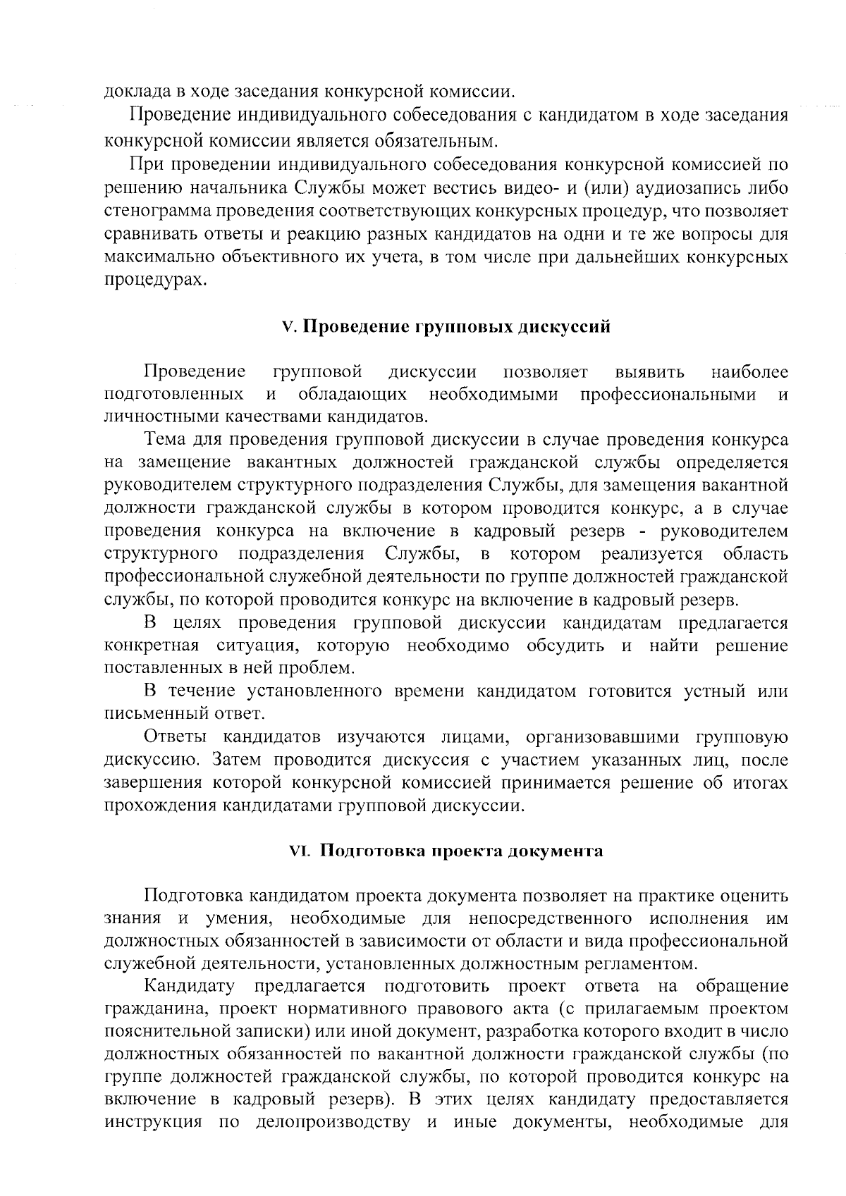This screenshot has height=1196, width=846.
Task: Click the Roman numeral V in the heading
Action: point(286,328)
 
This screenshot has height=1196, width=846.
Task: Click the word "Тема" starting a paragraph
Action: point(165,440)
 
